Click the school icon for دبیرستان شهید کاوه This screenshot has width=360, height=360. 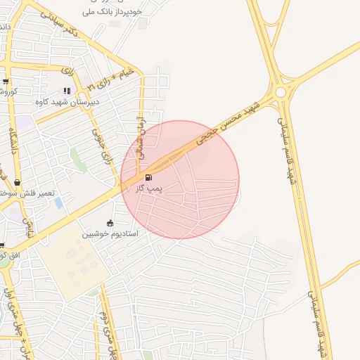pyautogui.click(x=67, y=91)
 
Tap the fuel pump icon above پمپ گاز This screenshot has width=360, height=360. pyautogui.click(x=148, y=178)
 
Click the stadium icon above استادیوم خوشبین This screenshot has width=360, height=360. pyautogui.click(x=110, y=223)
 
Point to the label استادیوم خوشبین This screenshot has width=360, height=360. pyautogui.click(x=110, y=233)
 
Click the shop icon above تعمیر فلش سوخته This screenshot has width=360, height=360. pyautogui.click(x=17, y=183)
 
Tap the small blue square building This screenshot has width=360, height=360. pyautogui.click(x=58, y=202)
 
